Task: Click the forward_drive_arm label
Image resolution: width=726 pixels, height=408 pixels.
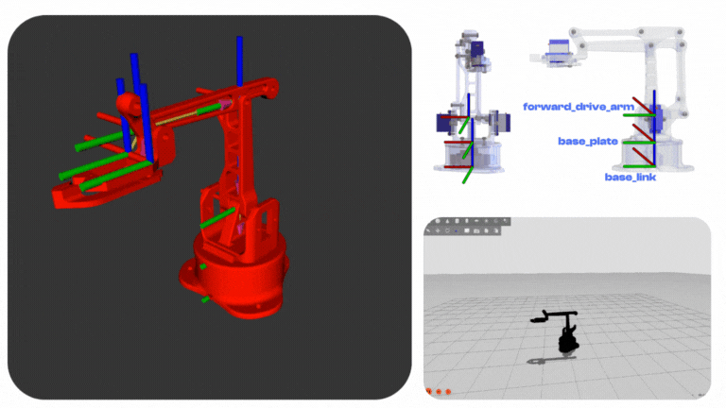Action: tap(579, 107)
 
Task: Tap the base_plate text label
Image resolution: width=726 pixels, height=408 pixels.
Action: tap(588, 141)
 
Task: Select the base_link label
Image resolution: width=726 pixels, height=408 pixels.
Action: tap(631, 178)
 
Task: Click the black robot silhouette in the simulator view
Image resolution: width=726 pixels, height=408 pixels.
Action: tap(562, 331)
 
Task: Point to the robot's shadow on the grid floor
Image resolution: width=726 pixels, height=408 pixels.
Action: tap(551, 360)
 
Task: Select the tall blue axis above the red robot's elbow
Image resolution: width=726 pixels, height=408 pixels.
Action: tap(239, 61)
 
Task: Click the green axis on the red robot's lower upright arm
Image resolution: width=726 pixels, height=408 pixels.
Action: tap(217, 217)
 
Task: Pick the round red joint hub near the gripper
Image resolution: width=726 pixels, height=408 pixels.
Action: tap(129, 104)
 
